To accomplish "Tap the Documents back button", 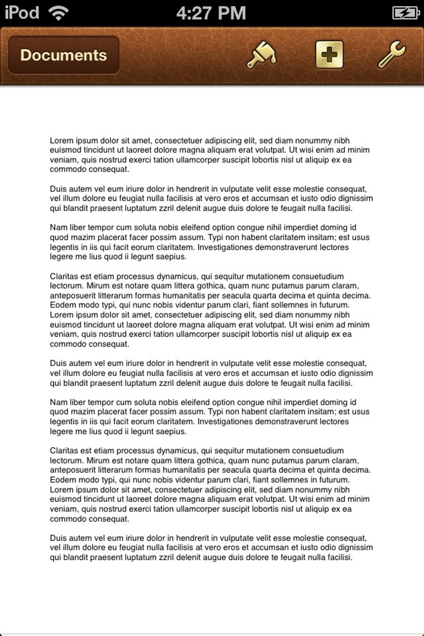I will tap(64, 55).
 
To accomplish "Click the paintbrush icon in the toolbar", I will tap(261, 55).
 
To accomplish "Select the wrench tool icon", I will tap(392, 55).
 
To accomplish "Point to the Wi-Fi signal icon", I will tap(58, 13).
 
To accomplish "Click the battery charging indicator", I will tap(405, 13).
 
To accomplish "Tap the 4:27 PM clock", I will tap(211, 13).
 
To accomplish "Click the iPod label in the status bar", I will tap(22, 13).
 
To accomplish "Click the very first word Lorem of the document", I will tap(61, 141).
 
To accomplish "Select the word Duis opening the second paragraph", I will tap(58, 189).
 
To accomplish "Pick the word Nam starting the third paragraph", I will tap(58, 228).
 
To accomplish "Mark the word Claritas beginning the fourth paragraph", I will tap(64, 276).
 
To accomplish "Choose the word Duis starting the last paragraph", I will tap(58, 538).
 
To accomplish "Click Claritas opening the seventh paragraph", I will tap(64, 451).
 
